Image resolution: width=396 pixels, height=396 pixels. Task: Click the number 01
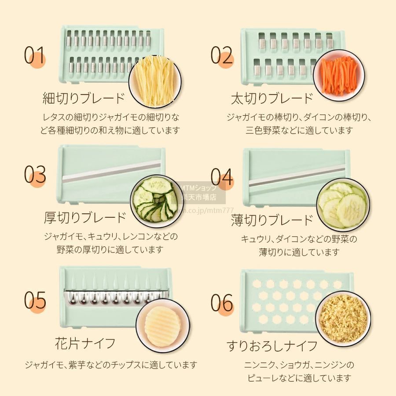click(x=34, y=55)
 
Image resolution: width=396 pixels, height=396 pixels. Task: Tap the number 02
click(x=221, y=55)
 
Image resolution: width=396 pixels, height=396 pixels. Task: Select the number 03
click(x=35, y=174)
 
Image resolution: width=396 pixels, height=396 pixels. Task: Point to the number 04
click(x=222, y=177)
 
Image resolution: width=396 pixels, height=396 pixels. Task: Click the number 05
click(x=35, y=300)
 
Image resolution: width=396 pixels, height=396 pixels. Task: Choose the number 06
click(x=222, y=303)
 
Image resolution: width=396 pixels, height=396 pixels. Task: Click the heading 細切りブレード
click(x=84, y=98)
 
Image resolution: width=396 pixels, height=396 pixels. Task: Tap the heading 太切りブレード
click(x=272, y=98)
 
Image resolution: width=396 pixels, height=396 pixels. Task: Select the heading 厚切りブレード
click(x=85, y=218)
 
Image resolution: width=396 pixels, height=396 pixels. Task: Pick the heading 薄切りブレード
click(x=272, y=220)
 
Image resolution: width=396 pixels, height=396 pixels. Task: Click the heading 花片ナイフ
click(x=85, y=343)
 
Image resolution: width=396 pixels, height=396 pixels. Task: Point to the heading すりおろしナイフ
click(x=272, y=346)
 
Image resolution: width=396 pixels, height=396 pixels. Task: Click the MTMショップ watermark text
click(x=199, y=188)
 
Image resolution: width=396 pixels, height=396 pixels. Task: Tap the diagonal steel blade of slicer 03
click(x=111, y=171)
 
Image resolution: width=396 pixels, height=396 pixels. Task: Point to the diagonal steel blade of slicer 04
click(x=297, y=177)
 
